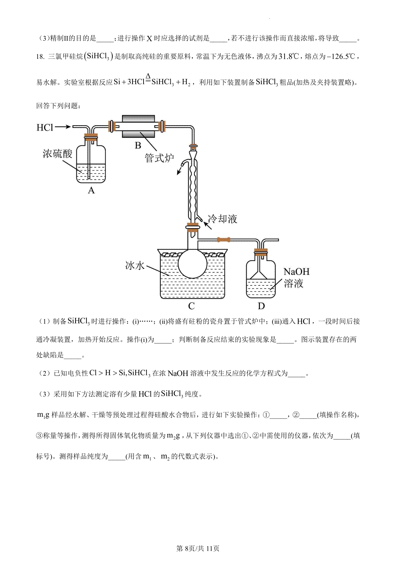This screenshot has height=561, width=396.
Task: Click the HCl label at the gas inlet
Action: point(45,127)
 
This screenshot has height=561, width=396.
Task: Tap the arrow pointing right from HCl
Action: point(63,127)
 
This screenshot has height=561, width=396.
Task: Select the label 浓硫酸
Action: point(57,154)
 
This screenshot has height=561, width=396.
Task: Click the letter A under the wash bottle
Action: point(91,191)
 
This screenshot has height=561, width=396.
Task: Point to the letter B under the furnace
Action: point(138,145)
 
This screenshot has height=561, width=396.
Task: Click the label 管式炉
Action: point(159,158)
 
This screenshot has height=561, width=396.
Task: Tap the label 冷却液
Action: point(222,219)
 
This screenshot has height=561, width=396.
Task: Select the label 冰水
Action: point(135,265)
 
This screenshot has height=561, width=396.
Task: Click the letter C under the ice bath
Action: point(191,306)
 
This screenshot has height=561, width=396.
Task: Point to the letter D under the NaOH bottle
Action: point(261,306)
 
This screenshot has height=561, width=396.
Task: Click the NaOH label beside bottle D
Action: point(296,272)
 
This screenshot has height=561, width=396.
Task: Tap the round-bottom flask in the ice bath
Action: point(192,264)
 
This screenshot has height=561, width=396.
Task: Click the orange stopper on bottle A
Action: point(91,136)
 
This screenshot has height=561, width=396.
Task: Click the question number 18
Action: point(40,56)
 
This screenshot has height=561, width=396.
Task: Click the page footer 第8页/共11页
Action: point(198,548)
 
